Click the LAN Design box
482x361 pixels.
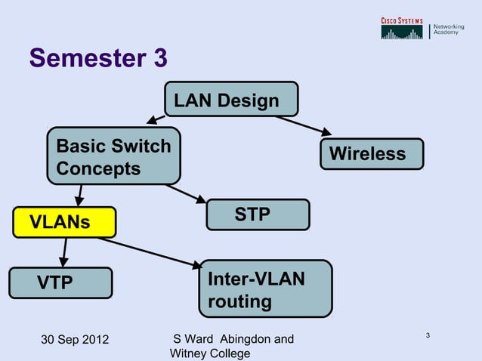[x=231, y=100]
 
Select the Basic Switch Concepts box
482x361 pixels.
[x=113, y=157]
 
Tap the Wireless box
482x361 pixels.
[x=372, y=154]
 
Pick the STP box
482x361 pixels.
[x=258, y=214]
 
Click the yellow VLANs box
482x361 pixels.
[x=63, y=221]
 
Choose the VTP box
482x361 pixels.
[x=59, y=283]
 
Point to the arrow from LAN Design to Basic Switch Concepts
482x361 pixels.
[x=157, y=119]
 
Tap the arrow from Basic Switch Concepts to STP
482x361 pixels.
[x=186, y=194]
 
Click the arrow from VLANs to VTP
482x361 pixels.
[x=63, y=251]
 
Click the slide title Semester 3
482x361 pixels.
[x=98, y=58]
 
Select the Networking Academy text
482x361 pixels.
[x=448, y=31]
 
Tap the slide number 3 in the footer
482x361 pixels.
[x=428, y=335]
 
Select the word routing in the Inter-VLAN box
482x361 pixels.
[x=239, y=302]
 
